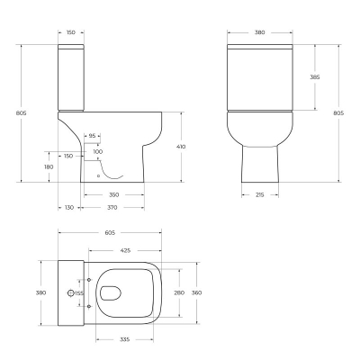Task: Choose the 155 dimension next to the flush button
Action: click(78, 292)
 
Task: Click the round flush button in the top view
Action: click(70, 292)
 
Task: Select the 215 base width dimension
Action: click(258, 194)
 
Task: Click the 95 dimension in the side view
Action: click(93, 136)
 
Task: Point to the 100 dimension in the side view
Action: click(98, 151)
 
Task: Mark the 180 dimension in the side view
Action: click(47, 166)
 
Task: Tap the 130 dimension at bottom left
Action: click(69, 208)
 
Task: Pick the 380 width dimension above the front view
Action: click(259, 32)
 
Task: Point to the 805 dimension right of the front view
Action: click(337, 112)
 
